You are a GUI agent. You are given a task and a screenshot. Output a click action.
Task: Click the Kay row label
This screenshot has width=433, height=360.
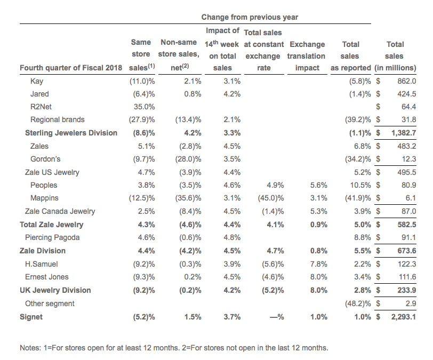coord(37,81)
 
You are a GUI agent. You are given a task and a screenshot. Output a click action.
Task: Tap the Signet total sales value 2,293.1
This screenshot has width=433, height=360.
coord(404,317)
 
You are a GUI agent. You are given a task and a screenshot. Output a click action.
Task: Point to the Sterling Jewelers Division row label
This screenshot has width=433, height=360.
coord(71,133)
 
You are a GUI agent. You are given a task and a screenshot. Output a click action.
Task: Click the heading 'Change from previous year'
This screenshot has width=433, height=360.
coord(250,17)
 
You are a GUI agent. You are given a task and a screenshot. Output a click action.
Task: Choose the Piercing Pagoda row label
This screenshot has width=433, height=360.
coord(52,238)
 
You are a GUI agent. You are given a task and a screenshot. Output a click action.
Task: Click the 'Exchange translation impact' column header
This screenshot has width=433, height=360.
coord(306,56)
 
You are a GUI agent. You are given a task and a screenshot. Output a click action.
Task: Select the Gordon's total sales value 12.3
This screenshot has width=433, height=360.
coord(408,159)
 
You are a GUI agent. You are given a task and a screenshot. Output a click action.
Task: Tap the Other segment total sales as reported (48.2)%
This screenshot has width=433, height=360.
coord(358,303)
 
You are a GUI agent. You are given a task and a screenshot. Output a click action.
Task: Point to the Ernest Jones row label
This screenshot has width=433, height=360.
coord(47,277)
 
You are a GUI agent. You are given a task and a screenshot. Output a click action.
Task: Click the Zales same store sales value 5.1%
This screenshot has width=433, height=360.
coord(146,146)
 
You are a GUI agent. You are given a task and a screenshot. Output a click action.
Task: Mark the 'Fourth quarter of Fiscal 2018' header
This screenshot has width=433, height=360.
coord(71,68)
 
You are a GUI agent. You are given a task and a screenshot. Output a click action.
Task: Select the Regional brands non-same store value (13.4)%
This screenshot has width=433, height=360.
coord(188,119)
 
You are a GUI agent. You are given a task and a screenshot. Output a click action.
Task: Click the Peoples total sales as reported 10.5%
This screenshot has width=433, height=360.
coord(360,185)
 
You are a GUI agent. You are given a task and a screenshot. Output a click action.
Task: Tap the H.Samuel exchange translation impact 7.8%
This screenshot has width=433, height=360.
coord(319,264)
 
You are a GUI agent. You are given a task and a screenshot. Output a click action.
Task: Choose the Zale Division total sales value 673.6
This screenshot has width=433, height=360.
coord(407,251)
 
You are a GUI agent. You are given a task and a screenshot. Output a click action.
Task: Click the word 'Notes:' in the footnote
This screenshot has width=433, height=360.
coord(30,348)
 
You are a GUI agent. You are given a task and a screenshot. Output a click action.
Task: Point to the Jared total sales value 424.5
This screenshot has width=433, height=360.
coord(407,94)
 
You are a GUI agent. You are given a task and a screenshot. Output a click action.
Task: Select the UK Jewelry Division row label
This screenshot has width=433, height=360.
coord(55,290)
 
